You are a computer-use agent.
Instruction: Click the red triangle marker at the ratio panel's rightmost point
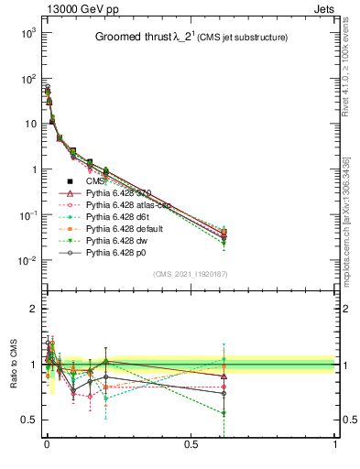coord(278,376)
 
